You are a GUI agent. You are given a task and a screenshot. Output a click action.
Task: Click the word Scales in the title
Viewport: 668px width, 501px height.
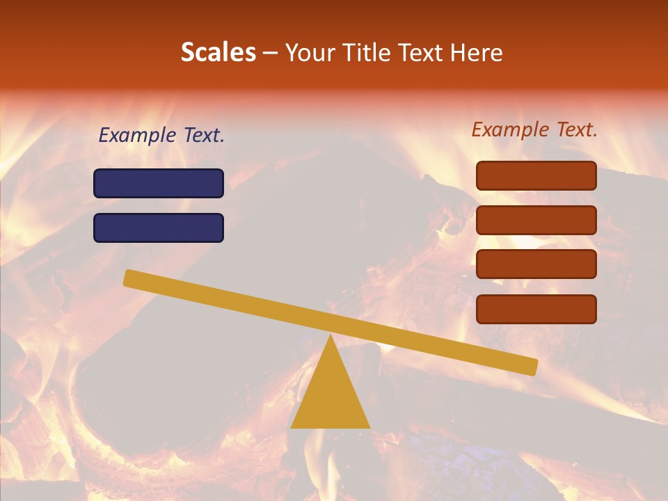click(218, 53)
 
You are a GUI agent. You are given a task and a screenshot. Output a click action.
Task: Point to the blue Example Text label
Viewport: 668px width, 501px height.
click(161, 135)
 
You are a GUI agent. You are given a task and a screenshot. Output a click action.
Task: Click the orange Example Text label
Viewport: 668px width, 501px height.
click(534, 129)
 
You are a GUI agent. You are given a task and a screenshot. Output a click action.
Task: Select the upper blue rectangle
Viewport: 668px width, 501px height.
click(159, 183)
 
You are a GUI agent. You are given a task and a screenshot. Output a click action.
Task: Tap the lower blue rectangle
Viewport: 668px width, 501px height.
click(159, 228)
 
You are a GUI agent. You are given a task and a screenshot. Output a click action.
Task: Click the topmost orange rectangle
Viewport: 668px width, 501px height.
click(536, 175)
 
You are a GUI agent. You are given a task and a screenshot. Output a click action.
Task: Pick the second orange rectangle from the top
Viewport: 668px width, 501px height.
click(536, 220)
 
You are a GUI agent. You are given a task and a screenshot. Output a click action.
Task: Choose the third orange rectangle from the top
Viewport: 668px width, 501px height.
click(536, 264)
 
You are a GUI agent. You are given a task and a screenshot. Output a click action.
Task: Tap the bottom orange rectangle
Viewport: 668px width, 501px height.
click(536, 309)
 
